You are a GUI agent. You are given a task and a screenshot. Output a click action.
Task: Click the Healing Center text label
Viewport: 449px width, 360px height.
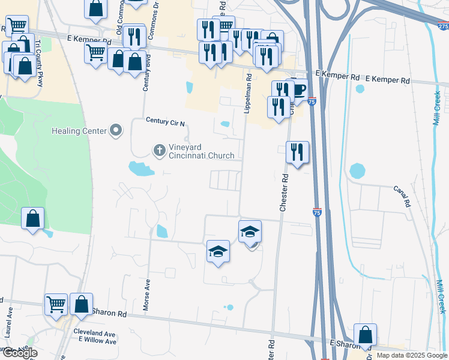[x=79, y=131]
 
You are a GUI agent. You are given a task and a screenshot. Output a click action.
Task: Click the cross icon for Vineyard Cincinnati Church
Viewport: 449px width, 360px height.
[x=160, y=150]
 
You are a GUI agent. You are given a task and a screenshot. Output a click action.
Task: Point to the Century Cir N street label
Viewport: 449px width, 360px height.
[x=165, y=121]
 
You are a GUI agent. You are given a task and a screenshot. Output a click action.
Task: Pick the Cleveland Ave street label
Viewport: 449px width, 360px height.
[x=94, y=332]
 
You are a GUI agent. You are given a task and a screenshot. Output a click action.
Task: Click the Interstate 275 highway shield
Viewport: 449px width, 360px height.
[x=443, y=26]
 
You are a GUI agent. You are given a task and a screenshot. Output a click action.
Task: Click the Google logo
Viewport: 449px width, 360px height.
[x=19, y=353]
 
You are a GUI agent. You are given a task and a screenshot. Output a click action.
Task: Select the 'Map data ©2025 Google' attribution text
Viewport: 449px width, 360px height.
[x=411, y=356]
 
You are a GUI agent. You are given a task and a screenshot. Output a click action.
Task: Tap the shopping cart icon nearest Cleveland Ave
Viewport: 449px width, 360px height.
[x=56, y=304]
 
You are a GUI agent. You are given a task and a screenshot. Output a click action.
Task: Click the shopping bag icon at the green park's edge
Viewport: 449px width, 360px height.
[x=33, y=218]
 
